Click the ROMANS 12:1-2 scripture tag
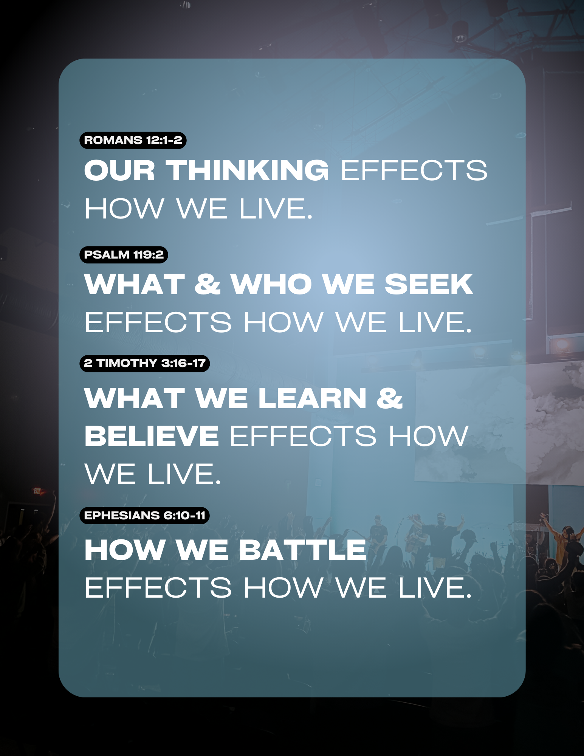(133, 140)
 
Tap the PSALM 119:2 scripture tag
(124, 255)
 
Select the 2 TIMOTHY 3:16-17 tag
(144, 363)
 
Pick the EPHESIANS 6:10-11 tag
(144, 516)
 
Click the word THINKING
(248, 170)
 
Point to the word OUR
(119, 170)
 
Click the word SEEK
(429, 284)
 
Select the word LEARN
(313, 398)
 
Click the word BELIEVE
(152, 436)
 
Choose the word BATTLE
(302, 550)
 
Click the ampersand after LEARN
(390, 398)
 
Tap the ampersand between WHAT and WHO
(208, 284)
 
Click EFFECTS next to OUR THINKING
(414, 170)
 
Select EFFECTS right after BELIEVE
(303, 436)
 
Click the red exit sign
(37, 491)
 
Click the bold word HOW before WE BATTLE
(124, 550)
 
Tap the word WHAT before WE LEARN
(135, 398)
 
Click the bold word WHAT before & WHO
(135, 284)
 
